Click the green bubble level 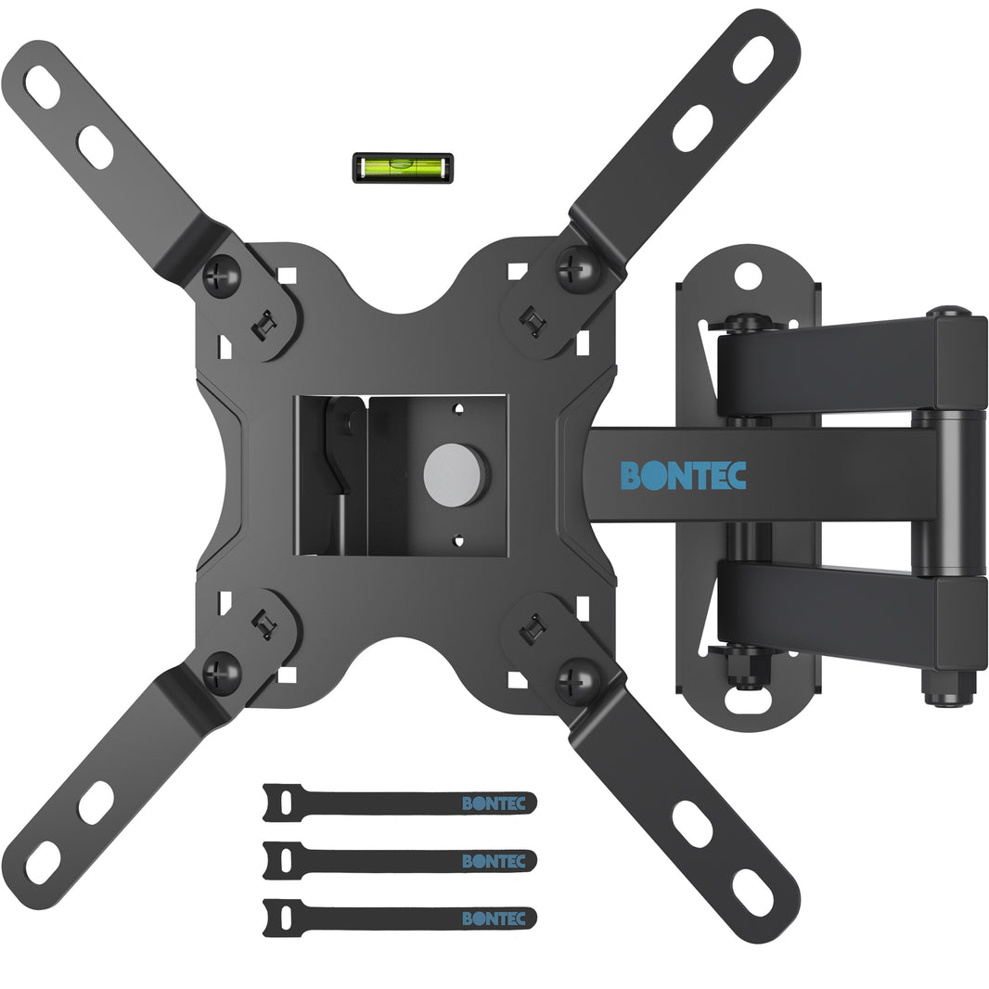click(x=403, y=168)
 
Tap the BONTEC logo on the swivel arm click(x=683, y=475)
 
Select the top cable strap click(x=399, y=803)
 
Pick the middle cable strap click(x=399, y=860)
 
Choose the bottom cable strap click(x=399, y=918)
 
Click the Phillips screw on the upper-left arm click(x=222, y=275)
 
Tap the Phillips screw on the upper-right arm click(x=577, y=268)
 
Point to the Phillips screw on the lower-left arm click(x=222, y=673)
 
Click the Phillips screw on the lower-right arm click(x=577, y=681)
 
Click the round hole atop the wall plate click(x=748, y=276)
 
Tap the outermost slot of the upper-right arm click(x=752, y=59)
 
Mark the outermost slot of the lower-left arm click(x=43, y=862)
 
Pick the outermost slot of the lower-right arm click(x=752, y=893)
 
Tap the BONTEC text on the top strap click(x=494, y=803)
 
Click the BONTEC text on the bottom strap click(x=494, y=918)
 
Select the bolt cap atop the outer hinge click(x=947, y=312)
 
